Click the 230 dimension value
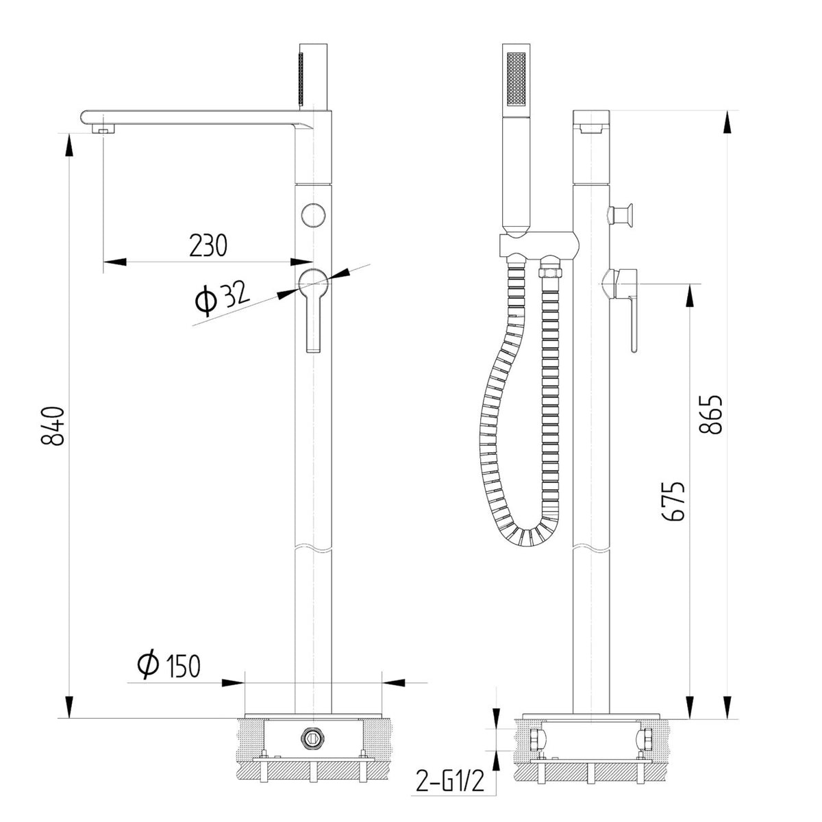(208, 245)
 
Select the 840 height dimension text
(53, 426)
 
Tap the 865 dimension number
(710, 414)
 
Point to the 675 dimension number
(673, 501)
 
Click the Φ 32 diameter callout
(222, 296)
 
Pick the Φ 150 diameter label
(169, 665)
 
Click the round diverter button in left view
(313, 214)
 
